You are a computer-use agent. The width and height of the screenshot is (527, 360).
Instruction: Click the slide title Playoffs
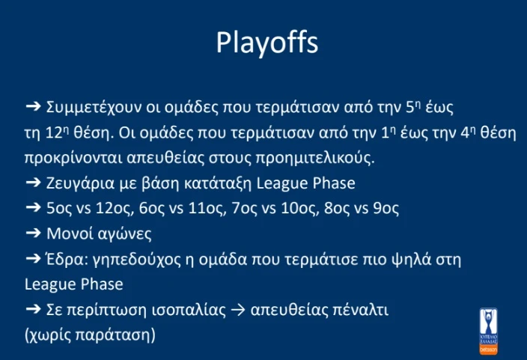[267, 43]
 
